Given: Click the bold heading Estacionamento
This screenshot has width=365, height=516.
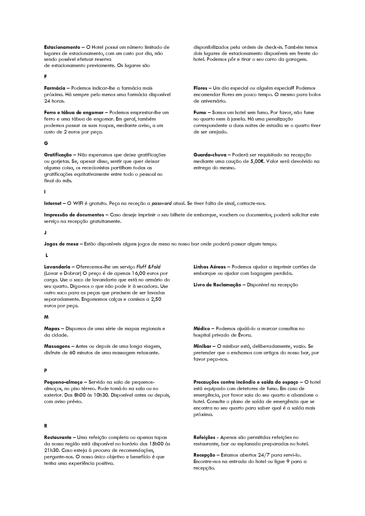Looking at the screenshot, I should [62, 47].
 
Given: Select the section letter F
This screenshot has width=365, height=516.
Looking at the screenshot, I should [45, 76].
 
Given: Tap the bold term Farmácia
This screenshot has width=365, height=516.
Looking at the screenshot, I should [55, 88].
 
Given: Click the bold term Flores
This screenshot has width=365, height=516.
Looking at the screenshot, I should [200, 88].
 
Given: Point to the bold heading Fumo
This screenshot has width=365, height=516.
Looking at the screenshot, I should [200, 112].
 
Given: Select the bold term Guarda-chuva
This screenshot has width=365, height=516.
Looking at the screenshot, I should [210, 155].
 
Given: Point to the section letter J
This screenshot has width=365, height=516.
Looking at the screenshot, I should [45, 233].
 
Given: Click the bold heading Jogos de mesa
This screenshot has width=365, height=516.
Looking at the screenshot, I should [61, 244].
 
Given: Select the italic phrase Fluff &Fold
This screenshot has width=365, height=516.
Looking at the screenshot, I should [149, 267].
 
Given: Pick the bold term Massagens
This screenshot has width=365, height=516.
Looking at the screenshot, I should [57, 346].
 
